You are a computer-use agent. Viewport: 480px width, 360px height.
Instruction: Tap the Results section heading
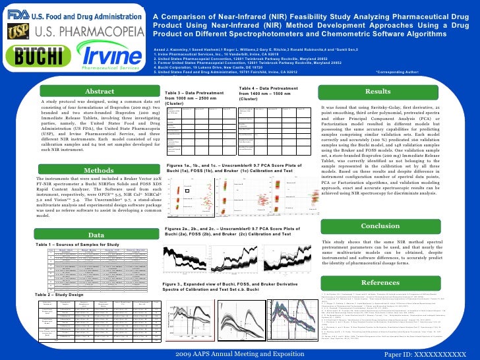point(378,92)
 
